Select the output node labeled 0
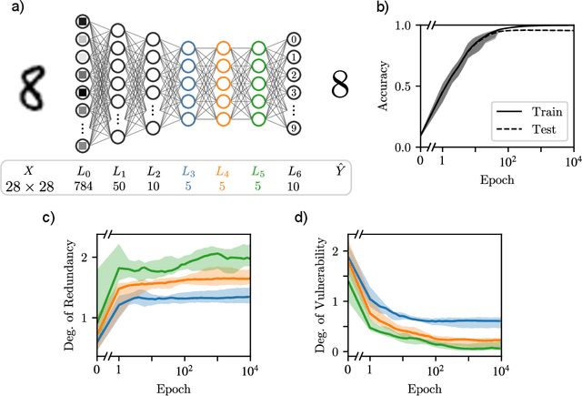click(x=293, y=39)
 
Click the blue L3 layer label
click(x=187, y=171)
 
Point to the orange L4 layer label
click(x=222, y=171)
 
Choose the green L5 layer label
click(x=257, y=171)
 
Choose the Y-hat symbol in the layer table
click(x=339, y=170)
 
